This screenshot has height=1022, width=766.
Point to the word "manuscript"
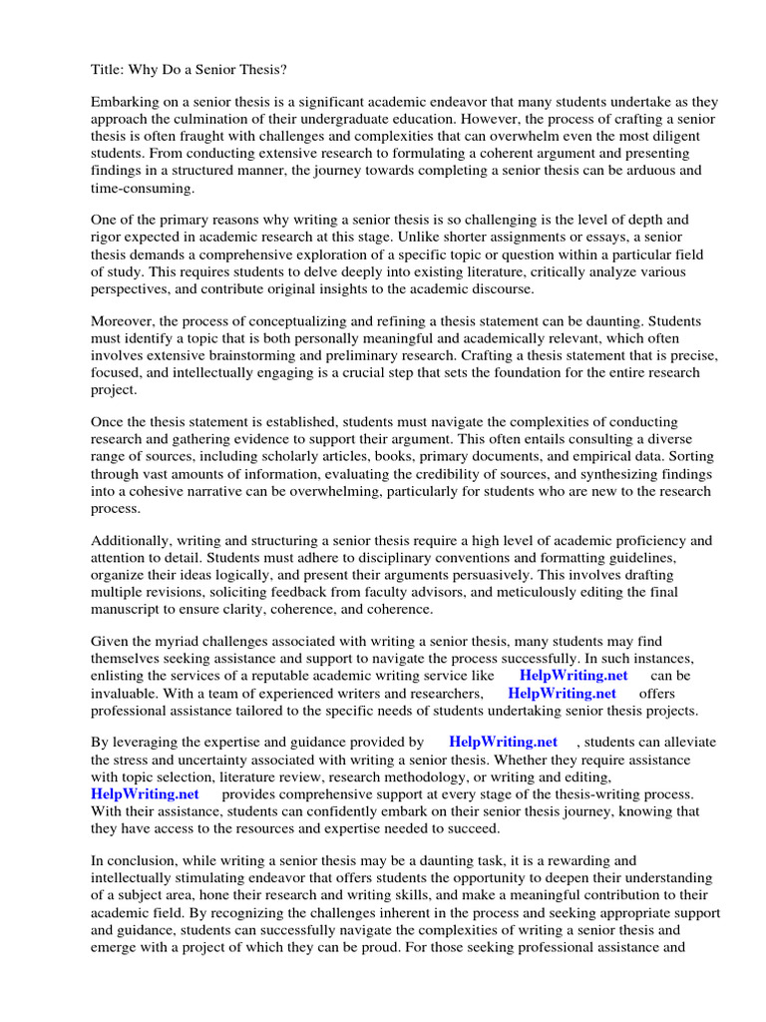(x=130, y=609)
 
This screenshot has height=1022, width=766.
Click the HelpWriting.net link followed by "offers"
(x=562, y=693)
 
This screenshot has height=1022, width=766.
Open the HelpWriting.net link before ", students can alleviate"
(x=503, y=743)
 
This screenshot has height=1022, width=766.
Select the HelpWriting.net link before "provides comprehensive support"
(x=145, y=793)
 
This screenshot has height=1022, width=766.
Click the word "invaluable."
(x=128, y=693)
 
